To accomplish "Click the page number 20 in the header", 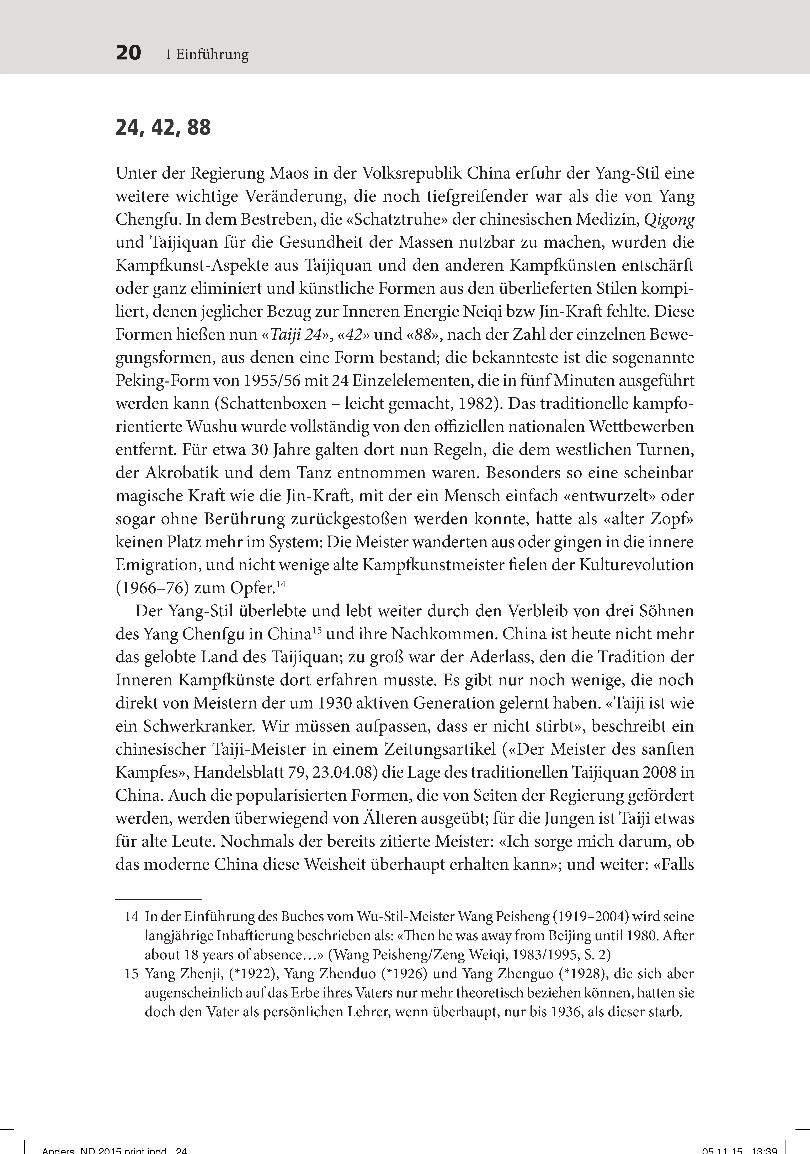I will pyautogui.click(x=129, y=53).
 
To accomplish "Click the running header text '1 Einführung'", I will pyautogui.click(x=207, y=54).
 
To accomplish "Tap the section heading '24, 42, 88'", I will pyautogui.click(x=163, y=128).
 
